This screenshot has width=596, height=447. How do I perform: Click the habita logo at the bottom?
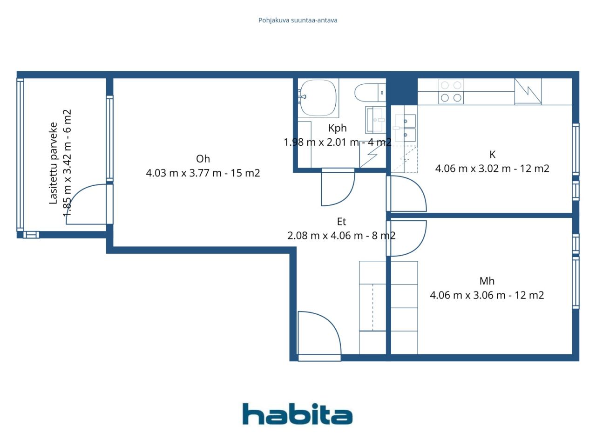(298, 414)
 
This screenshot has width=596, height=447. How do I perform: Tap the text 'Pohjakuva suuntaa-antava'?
(298, 20)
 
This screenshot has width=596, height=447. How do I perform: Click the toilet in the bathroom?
(370, 93)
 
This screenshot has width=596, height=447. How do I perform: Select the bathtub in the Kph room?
(318, 98)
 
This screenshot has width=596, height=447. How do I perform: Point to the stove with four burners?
(451, 91)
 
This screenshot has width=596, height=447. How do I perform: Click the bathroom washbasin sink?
(375, 120)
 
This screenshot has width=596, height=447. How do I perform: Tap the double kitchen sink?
(405, 128)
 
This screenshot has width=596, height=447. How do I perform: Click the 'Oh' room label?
(203, 159)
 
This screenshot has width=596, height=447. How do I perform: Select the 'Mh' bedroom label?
(487, 281)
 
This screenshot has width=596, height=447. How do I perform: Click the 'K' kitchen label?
(492, 155)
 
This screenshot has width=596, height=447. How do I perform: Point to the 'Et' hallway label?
(341, 222)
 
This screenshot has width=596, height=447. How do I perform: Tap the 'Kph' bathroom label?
(337, 128)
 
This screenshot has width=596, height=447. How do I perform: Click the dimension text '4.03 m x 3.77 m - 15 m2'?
(203, 173)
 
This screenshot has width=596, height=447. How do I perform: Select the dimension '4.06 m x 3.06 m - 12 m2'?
(487, 295)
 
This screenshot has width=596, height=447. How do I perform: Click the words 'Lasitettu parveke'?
(53, 163)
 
